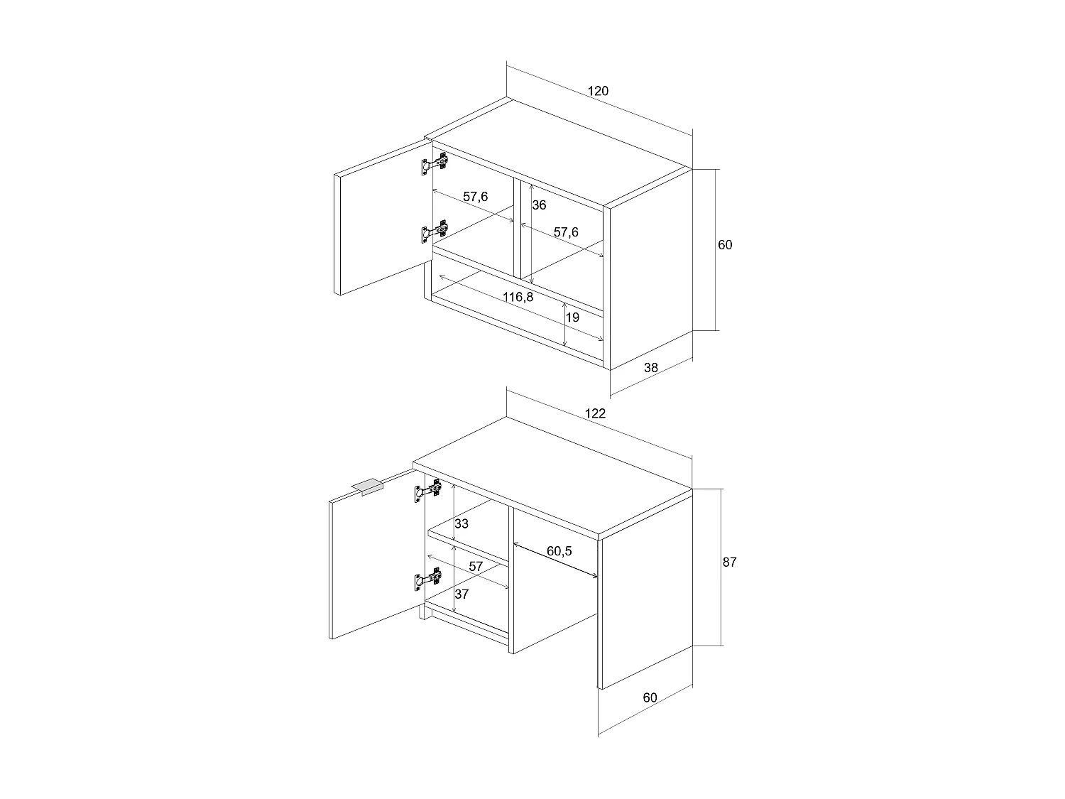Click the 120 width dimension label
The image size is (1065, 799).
tap(598, 91)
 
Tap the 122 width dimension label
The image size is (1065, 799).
tap(595, 413)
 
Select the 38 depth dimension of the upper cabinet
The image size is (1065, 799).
tap(650, 367)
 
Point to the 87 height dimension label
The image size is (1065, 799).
tap(729, 562)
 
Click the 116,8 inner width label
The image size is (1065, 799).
tap(518, 297)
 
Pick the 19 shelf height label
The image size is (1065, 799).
tap(573, 317)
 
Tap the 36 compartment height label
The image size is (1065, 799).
tap(539, 205)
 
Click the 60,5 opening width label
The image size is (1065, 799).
tap(559, 550)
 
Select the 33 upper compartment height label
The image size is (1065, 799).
tap(461, 524)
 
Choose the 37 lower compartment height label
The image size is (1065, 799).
tap(461, 594)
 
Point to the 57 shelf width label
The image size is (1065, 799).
tap(475, 566)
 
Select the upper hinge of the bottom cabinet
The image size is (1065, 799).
tap(428, 491)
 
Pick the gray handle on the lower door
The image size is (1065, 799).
tap(367, 487)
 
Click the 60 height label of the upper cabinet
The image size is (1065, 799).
tap(724, 245)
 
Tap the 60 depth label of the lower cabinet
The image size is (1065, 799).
tap(650, 697)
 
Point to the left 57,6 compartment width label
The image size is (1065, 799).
tap(476, 197)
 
